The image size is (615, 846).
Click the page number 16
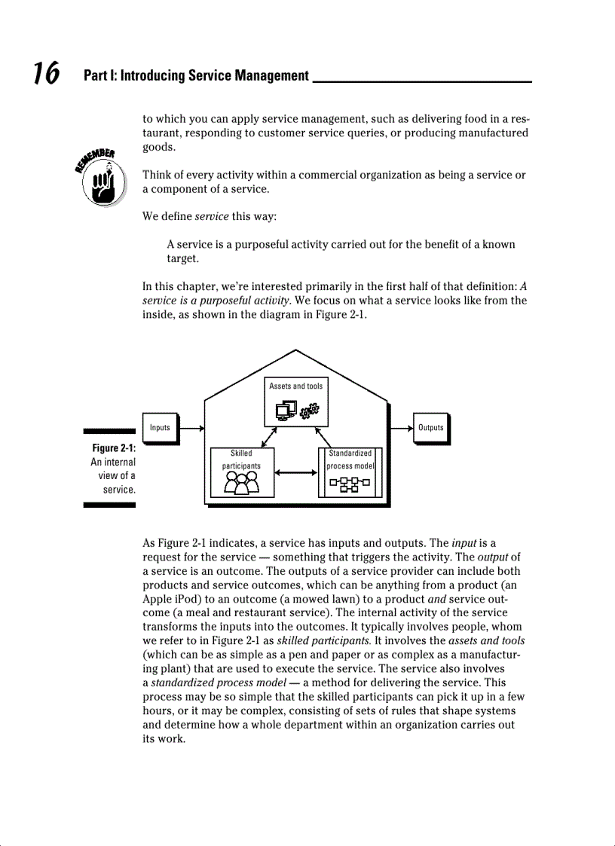pyautogui.click(x=45, y=74)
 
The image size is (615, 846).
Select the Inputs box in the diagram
pyautogui.click(x=160, y=428)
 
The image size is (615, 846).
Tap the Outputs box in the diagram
pyautogui.click(x=430, y=428)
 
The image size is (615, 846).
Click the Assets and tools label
pyautogui.click(x=296, y=386)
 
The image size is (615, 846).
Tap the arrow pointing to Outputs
pyautogui.click(x=400, y=428)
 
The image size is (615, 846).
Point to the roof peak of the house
pyautogui.click(x=295, y=352)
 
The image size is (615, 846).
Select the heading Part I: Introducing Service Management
pyautogui.click(x=196, y=75)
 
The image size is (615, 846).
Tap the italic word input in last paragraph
pyautogui.click(x=464, y=543)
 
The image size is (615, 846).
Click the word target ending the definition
pyautogui.click(x=182, y=259)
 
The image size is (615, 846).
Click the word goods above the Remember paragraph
pyautogui.click(x=159, y=148)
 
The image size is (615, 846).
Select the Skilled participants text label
pyautogui.click(x=241, y=460)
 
